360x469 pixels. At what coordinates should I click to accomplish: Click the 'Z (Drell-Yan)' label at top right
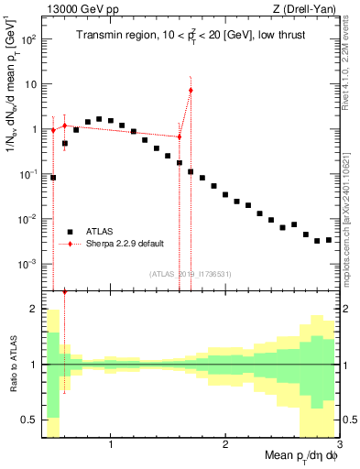click(307, 8)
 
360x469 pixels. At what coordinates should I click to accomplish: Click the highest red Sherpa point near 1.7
click(191, 90)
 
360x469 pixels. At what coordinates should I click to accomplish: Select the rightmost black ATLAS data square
click(329, 239)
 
